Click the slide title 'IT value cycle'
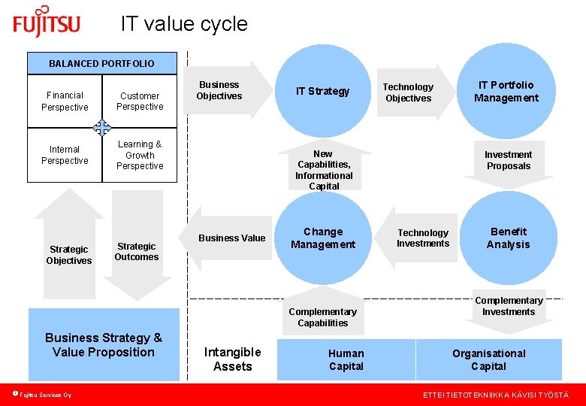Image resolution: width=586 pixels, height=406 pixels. pos(184,24)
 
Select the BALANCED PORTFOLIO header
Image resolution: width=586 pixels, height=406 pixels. pos(101,64)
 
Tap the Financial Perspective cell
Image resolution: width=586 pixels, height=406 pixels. pos(65,101)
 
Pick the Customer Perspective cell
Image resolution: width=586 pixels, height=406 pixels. pos(140,101)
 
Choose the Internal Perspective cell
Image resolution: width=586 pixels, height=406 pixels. pos(65,155)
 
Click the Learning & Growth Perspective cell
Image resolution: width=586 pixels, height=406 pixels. pos(140,155)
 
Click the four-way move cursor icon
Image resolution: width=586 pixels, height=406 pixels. pos(102,128)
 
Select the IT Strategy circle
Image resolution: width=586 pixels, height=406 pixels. pos(323,91)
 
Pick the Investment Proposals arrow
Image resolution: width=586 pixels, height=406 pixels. pos(509,162)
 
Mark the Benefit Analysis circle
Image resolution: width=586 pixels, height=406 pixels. pos(509,238)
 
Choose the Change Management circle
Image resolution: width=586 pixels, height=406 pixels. pos(323,238)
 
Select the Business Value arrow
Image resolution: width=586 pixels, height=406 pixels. pos(229,238)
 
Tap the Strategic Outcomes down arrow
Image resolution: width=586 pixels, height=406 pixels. pos(137,248)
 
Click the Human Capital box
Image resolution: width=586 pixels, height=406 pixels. pos(346,359)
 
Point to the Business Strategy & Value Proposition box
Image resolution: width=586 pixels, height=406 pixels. pos(104,345)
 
